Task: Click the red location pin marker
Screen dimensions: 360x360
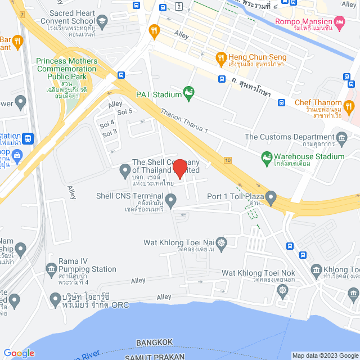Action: pyautogui.click(x=180, y=169)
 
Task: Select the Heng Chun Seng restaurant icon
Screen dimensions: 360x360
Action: pyautogui.click(x=221, y=57)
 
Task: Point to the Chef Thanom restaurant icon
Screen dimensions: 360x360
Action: pyautogui.click(x=349, y=105)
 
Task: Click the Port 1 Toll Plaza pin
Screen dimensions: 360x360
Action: pyautogui.click(x=271, y=197)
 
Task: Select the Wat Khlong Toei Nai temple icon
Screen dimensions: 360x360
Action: pyautogui.click(x=221, y=242)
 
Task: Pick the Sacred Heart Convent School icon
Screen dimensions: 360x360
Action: pyautogui.click(x=102, y=22)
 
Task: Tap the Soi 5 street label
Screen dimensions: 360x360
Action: pyautogui.click(x=125, y=111)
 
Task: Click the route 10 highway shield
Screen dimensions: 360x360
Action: pyautogui.click(x=227, y=161)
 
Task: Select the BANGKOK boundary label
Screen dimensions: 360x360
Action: pyautogui.click(x=154, y=342)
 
